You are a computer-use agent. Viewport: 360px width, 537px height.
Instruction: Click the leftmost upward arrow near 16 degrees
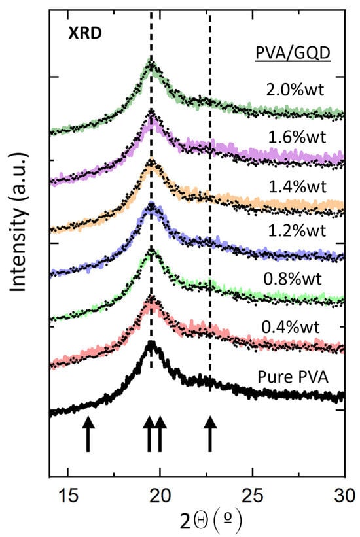tap(88, 435)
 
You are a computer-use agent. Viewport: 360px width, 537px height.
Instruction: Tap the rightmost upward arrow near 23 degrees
tap(209, 435)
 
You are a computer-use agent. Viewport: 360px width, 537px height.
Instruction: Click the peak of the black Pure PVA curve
tap(152, 343)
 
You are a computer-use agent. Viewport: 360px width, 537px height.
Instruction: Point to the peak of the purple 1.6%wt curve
tap(152, 113)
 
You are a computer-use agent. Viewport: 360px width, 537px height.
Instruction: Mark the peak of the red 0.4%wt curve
tap(152, 299)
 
